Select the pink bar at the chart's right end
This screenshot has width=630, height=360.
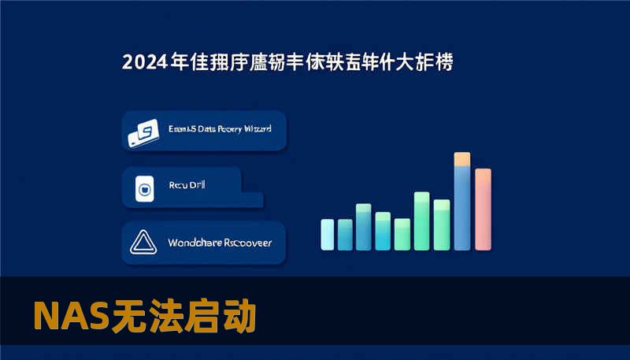tap(483, 209)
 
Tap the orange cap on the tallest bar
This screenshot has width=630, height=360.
tap(462, 159)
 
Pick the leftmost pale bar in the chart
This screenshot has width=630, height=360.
tap(327, 234)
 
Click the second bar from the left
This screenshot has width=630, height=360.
tap(345, 234)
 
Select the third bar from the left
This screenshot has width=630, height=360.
tap(363, 226)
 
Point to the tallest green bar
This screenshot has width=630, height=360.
tap(422, 220)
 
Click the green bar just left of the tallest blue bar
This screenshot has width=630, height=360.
tap(442, 224)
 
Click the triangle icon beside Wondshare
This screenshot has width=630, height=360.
tap(143, 243)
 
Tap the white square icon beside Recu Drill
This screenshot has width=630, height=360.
tap(143, 189)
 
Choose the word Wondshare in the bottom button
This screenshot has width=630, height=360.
tap(195, 243)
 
